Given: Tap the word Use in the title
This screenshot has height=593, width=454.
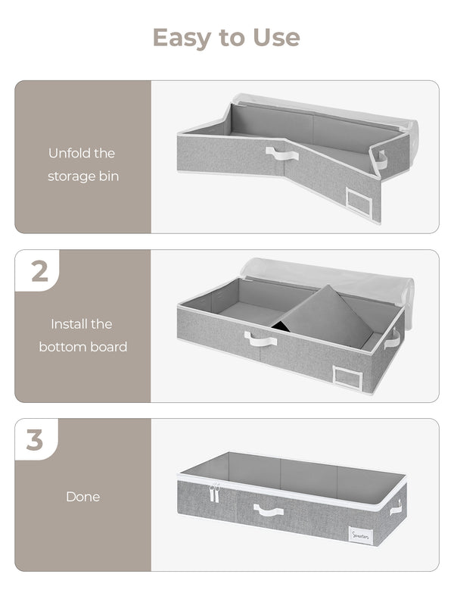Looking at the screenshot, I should coord(275,37).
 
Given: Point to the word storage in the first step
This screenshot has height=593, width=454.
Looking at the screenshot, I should coord(72,176).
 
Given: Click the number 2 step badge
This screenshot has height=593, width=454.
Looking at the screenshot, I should coord(39,272).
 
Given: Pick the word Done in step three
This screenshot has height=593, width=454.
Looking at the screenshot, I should coord(82,497).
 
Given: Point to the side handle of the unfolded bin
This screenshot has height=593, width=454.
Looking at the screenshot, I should coord(382,159).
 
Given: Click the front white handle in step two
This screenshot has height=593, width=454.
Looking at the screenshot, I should coord(260,339).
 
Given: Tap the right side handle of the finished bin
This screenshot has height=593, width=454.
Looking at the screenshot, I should coord(396,507).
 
